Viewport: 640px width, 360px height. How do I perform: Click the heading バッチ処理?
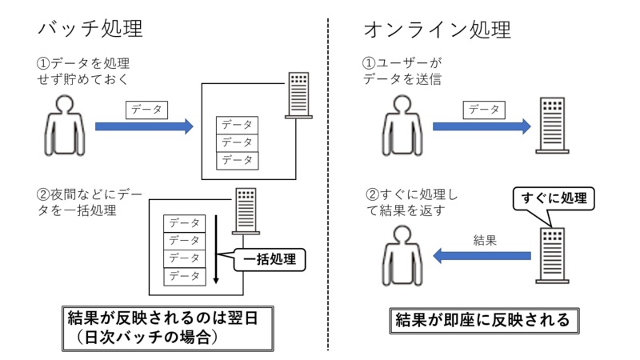[x=90, y=30]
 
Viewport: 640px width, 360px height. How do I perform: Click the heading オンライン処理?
[x=437, y=30]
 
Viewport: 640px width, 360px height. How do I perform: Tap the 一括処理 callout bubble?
[x=270, y=259]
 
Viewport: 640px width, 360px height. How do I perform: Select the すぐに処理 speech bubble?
[x=554, y=198]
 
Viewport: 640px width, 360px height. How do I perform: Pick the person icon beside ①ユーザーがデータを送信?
[x=403, y=127]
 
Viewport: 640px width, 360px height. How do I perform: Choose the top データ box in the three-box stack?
[x=237, y=125]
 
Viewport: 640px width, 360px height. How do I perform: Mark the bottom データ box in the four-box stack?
[x=184, y=276]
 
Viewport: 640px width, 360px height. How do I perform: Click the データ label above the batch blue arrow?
[x=146, y=109]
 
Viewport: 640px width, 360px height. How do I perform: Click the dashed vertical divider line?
[x=328, y=184]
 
